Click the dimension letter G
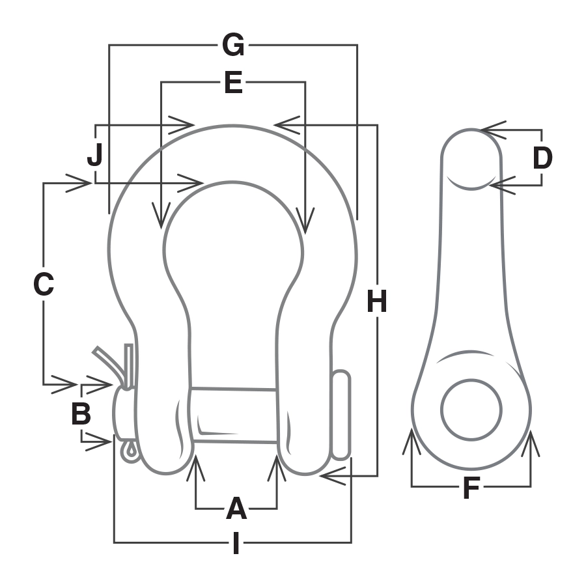pyautogui.click(x=233, y=46)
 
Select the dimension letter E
pyautogui.click(x=233, y=83)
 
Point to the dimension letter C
pyautogui.click(x=44, y=285)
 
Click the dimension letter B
pyautogui.click(x=81, y=414)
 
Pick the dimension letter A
pyautogui.click(x=236, y=509)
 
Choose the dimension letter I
pyautogui.click(x=236, y=544)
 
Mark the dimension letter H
pyautogui.click(x=377, y=301)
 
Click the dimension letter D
pyautogui.click(x=542, y=158)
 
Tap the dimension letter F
pyautogui.click(x=471, y=488)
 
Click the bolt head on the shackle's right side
pyautogui.click(x=342, y=414)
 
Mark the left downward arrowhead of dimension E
pyautogui.click(x=161, y=217)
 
